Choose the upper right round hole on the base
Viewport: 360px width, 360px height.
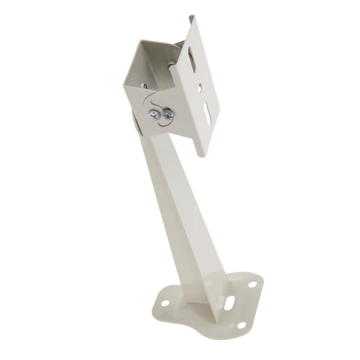253,284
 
